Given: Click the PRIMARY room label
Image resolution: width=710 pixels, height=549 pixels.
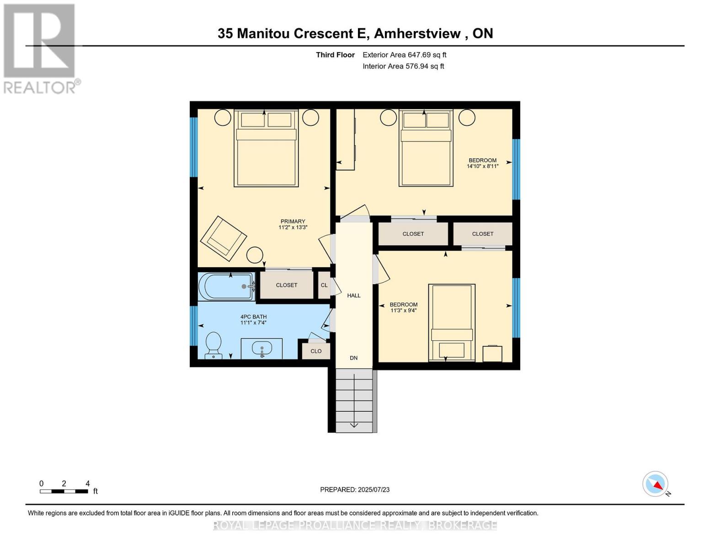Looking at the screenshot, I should pyautogui.click(x=293, y=221).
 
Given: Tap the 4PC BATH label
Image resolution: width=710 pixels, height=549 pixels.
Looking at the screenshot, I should pyautogui.click(x=253, y=317).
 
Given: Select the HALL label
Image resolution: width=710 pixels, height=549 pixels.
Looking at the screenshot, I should pyautogui.click(x=353, y=296).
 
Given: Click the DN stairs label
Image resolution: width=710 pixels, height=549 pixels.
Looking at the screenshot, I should pyautogui.click(x=353, y=358).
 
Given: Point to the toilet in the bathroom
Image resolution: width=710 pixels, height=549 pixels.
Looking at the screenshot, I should pyautogui.click(x=214, y=345).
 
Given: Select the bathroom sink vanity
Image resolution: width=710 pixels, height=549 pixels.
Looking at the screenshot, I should pyautogui.click(x=262, y=349).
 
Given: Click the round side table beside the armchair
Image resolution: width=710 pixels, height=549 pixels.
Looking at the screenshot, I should pyautogui.click(x=255, y=254).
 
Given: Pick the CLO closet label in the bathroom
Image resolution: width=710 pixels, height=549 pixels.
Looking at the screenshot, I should pyautogui.click(x=316, y=351).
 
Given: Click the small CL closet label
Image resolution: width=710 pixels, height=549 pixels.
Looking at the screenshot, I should pyautogui.click(x=324, y=285).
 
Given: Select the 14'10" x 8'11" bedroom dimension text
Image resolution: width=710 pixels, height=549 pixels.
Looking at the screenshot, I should pyautogui.click(x=482, y=167).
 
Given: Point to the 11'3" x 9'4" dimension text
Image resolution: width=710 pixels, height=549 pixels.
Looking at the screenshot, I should pyautogui.click(x=403, y=311).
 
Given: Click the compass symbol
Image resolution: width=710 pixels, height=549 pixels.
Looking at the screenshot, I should pyautogui.click(x=656, y=484).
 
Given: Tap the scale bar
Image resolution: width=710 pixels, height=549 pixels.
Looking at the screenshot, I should pyautogui.click(x=64, y=491).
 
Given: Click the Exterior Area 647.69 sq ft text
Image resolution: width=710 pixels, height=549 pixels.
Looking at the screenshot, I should pyautogui.click(x=404, y=55).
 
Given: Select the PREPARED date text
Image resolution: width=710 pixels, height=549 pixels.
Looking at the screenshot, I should pyautogui.click(x=355, y=490).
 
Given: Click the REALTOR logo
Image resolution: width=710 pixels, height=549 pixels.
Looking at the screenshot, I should pyautogui.click(x=40, y=48).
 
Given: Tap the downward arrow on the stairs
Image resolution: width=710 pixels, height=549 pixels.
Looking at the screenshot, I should pyautogui.click(x=354, y=425).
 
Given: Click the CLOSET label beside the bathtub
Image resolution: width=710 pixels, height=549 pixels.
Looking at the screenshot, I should pyautogui.click(x=287, y=285).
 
